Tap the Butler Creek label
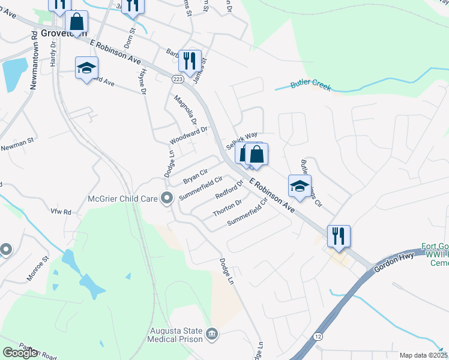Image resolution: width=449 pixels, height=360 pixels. (x=311, y=85)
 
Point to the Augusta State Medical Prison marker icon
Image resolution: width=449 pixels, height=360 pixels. (x=211, y=334)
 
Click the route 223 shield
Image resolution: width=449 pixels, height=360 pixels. (x=178, y=79)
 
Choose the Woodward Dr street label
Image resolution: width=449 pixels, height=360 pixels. (x=188, y=135)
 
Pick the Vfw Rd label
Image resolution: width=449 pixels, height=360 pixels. (x=61, y=212)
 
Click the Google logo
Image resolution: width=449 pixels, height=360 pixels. (x=20, y=353)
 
